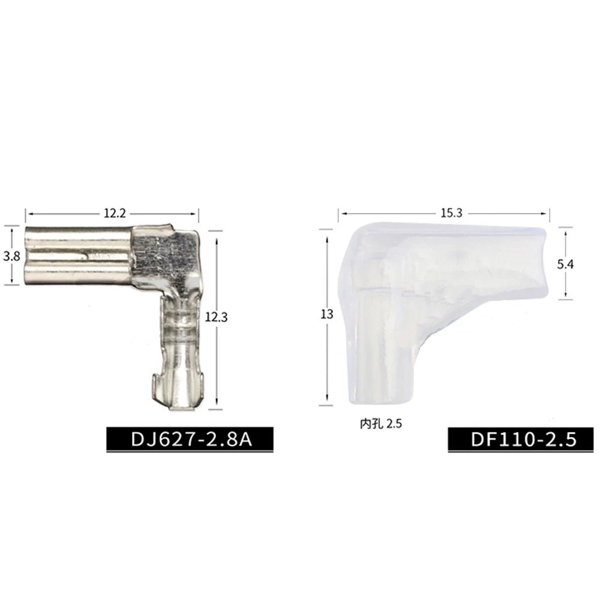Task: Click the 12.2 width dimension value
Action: point(115,213)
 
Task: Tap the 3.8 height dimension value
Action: point(11,256)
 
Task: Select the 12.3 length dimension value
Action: point(216,317)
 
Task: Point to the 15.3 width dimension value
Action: point(452,213)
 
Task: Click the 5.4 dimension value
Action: point(565,264)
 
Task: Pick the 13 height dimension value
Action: point(327,314)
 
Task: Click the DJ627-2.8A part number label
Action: point(191,439)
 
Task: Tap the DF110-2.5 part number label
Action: point(523,439)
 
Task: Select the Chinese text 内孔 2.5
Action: point(381,424)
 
